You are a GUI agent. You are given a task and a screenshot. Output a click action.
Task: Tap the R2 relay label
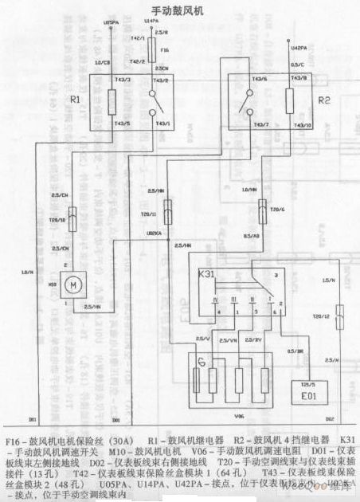(323, 101)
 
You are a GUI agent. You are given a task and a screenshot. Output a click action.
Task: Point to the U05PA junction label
(111, 26)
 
